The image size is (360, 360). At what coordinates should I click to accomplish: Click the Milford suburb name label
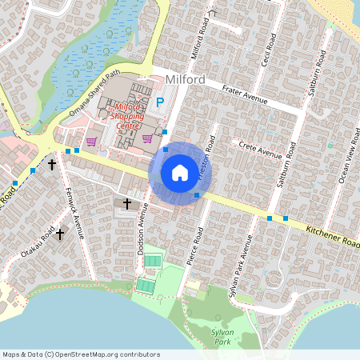point(186,79)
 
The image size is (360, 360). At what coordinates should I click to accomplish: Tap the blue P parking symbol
point(160,102)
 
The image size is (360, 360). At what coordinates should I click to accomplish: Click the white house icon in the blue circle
point(180,172)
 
